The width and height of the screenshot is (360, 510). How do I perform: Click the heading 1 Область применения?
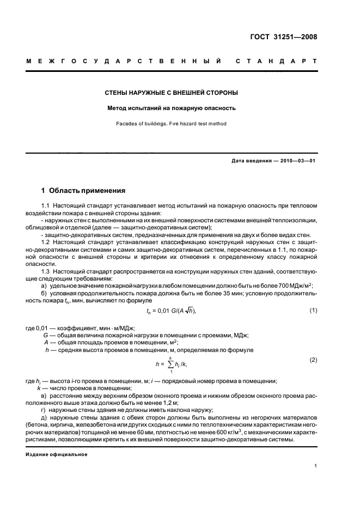(83, 191)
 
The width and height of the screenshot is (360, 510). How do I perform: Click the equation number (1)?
(313, 310)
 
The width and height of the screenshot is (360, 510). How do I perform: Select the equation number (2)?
(313, 360)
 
